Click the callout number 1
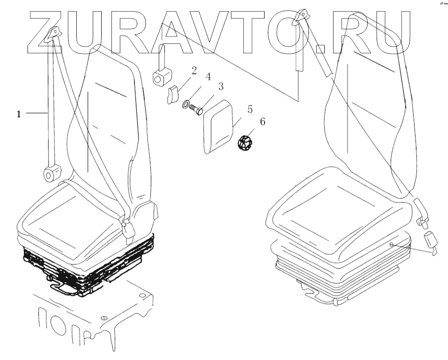pos(19,115)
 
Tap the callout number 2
pos(193,70)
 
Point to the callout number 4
pos(209,77)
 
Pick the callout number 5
pos(249,110)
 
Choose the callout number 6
pos(262,121)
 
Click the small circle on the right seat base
pos(392,244)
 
